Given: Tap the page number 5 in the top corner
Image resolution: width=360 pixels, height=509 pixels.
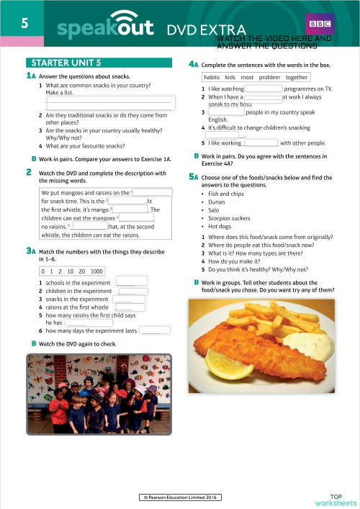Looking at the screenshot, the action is [24, 22].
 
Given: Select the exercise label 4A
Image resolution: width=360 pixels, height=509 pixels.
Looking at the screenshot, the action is [193, 63].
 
